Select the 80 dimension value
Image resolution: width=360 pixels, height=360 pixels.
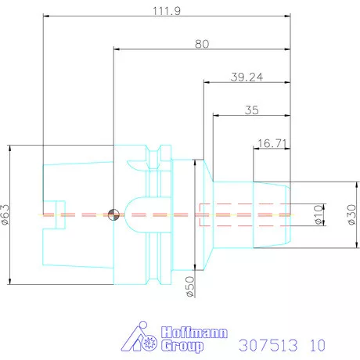[202, 45]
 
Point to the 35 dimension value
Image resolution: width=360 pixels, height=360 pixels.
[251, 110]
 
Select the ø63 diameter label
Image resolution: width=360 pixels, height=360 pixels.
[6, 214]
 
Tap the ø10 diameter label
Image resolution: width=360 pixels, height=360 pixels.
[319, 214]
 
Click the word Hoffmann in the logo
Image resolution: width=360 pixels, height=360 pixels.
[193, 332]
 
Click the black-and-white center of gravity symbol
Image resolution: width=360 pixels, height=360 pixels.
[114, 214]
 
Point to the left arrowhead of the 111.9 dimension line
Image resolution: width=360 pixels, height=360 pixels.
[45, 15]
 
